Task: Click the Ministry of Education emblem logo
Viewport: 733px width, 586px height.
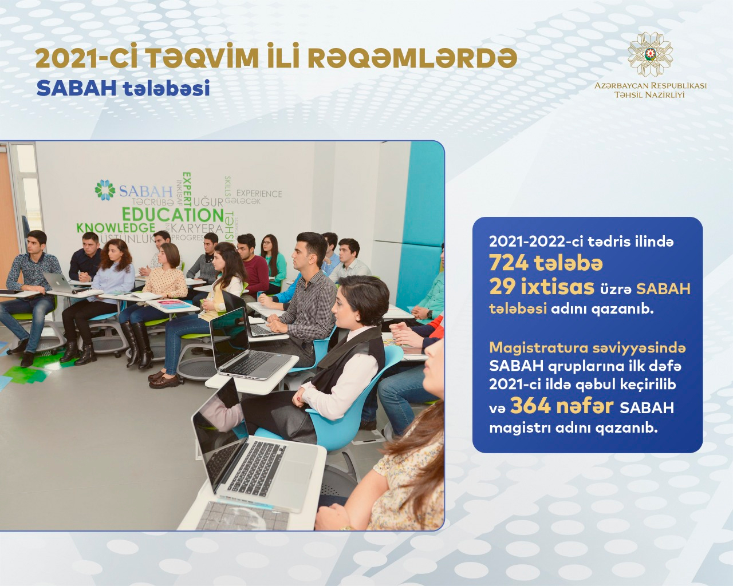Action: point(650,54)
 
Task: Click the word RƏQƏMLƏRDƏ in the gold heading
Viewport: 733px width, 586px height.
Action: point(412,58)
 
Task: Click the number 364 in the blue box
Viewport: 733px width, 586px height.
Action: point(530,406)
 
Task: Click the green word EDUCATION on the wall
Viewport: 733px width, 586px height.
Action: point(173,215)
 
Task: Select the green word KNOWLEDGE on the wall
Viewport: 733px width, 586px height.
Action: point(116,227)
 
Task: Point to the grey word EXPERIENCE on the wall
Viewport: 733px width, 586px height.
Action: point(259,194)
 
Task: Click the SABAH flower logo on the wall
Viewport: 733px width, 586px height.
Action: point(105,189)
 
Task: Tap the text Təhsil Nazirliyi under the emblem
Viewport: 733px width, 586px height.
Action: point(649,94)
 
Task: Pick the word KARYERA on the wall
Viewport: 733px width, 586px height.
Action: point(197,228)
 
